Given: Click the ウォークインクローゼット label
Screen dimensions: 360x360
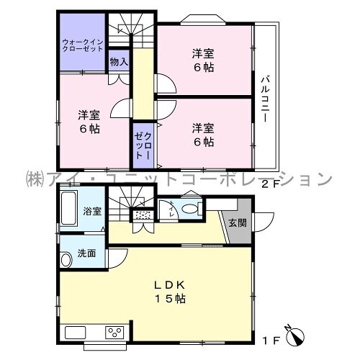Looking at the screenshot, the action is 83,45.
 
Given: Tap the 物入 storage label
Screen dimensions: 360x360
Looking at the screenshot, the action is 119,62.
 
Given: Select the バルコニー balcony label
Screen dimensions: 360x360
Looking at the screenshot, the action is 265,99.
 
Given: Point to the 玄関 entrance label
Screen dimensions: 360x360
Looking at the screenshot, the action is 238,223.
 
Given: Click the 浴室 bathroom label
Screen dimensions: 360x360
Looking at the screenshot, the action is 92,211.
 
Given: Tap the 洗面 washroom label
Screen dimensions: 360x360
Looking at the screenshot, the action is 86,253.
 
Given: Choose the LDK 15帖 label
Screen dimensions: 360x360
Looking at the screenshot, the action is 170,292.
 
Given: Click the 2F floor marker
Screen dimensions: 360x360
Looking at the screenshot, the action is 271,184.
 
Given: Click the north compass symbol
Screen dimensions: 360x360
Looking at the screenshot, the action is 295,336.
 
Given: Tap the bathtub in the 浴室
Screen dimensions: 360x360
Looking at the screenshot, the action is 68,208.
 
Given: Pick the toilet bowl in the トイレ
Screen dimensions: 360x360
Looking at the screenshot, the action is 192,208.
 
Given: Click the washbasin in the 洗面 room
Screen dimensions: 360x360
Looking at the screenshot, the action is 66,259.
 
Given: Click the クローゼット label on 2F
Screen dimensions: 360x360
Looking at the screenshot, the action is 143,146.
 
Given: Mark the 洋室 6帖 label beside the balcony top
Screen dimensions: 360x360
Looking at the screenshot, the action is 203,60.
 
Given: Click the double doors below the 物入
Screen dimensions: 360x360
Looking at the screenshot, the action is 119,79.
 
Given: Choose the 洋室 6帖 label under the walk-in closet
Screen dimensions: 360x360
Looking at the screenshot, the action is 89,122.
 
